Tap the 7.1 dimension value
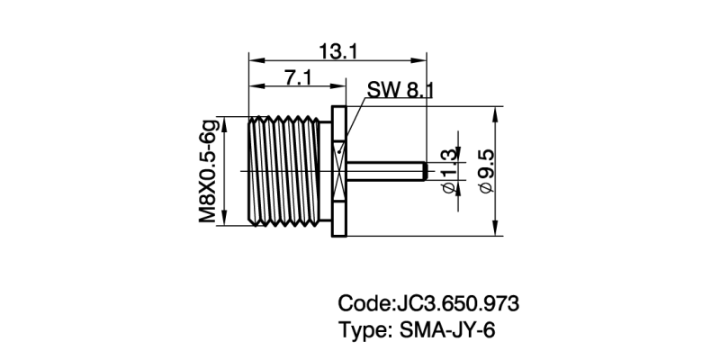click(x=297, y=77)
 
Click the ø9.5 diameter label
click(x=487, y=172)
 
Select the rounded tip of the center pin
click(x=423, y=171)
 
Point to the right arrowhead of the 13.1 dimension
click(x=420, y=61)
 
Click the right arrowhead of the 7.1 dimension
click(x=341, y=87)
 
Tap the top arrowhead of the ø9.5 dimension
click(x=498, y=112)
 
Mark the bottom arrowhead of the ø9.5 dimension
click(x=498, y=231)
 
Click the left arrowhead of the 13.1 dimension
click(x=253, y=61)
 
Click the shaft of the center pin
click(x=382, y=171)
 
